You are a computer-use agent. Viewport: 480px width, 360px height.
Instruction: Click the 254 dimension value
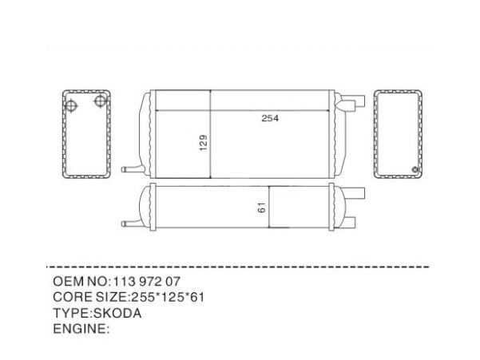point(270,118)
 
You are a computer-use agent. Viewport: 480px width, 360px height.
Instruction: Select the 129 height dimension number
point(204,143)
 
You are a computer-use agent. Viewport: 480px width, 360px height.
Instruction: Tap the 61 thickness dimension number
point(261,208)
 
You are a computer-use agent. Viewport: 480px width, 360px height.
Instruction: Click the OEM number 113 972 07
point(147,282)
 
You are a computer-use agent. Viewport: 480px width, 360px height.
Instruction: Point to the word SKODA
point(117,313)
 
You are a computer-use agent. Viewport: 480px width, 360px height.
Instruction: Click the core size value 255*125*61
point(168,297)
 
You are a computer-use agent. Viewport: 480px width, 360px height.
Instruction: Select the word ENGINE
point(79,329)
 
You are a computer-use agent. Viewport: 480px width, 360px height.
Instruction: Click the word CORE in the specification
point(73,297)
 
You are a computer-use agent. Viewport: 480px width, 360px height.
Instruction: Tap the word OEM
point(69,282)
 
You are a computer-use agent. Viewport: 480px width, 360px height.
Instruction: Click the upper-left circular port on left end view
point(71,106)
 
